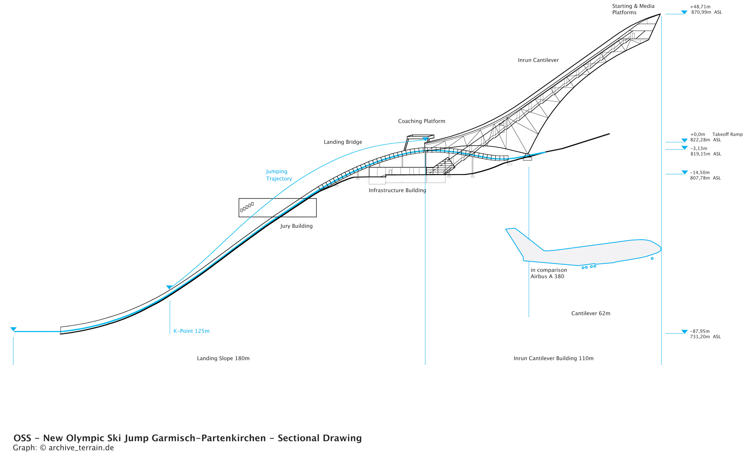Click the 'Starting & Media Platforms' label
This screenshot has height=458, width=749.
pyautogui.click(x=633, y=9)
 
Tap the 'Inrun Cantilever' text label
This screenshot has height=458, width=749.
pyautogui.click(x=538, y=60)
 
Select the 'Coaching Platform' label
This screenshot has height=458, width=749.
pyautogui.click(x=422, y=121)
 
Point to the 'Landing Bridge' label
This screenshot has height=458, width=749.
pyautogui.click(x=343, y=142)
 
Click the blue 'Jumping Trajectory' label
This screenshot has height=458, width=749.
pyautogui.click(x=279, y=175)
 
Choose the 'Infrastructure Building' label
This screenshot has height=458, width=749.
pyautogui.click(x=397, y=191)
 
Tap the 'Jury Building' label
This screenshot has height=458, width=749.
pyautogui.click(x=296, y=226)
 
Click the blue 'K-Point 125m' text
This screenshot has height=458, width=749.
pyautogui.click(x=191, y=331)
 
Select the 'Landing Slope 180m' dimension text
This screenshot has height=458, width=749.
pyautogui.click(x=223, y=358)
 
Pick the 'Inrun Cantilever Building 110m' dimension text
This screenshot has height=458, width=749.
pyautogui.click(x=554, y=358)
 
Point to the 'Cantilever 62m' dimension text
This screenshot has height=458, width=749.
pyautogui.click(x=591, y=313)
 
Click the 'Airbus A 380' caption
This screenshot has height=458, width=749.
pyautogui.click(x=547, y=277)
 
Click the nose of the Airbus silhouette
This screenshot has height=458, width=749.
pyautogui.click(x=660, y=249)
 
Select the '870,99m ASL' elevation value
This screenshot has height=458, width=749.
pyautogui.click(x=707, y=12)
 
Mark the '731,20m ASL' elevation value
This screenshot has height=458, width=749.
pyautogui.click(x=706, y=337)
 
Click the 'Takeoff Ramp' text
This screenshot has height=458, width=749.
pyautogui.click(x=727, y=134)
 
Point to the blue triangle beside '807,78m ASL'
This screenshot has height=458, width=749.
pyautogui.click(x=685, y=172)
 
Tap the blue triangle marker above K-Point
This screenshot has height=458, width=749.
pyautogui.click(x=169, y=287)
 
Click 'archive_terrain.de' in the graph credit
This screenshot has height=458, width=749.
pyautogui.click(x=81, y=448)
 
